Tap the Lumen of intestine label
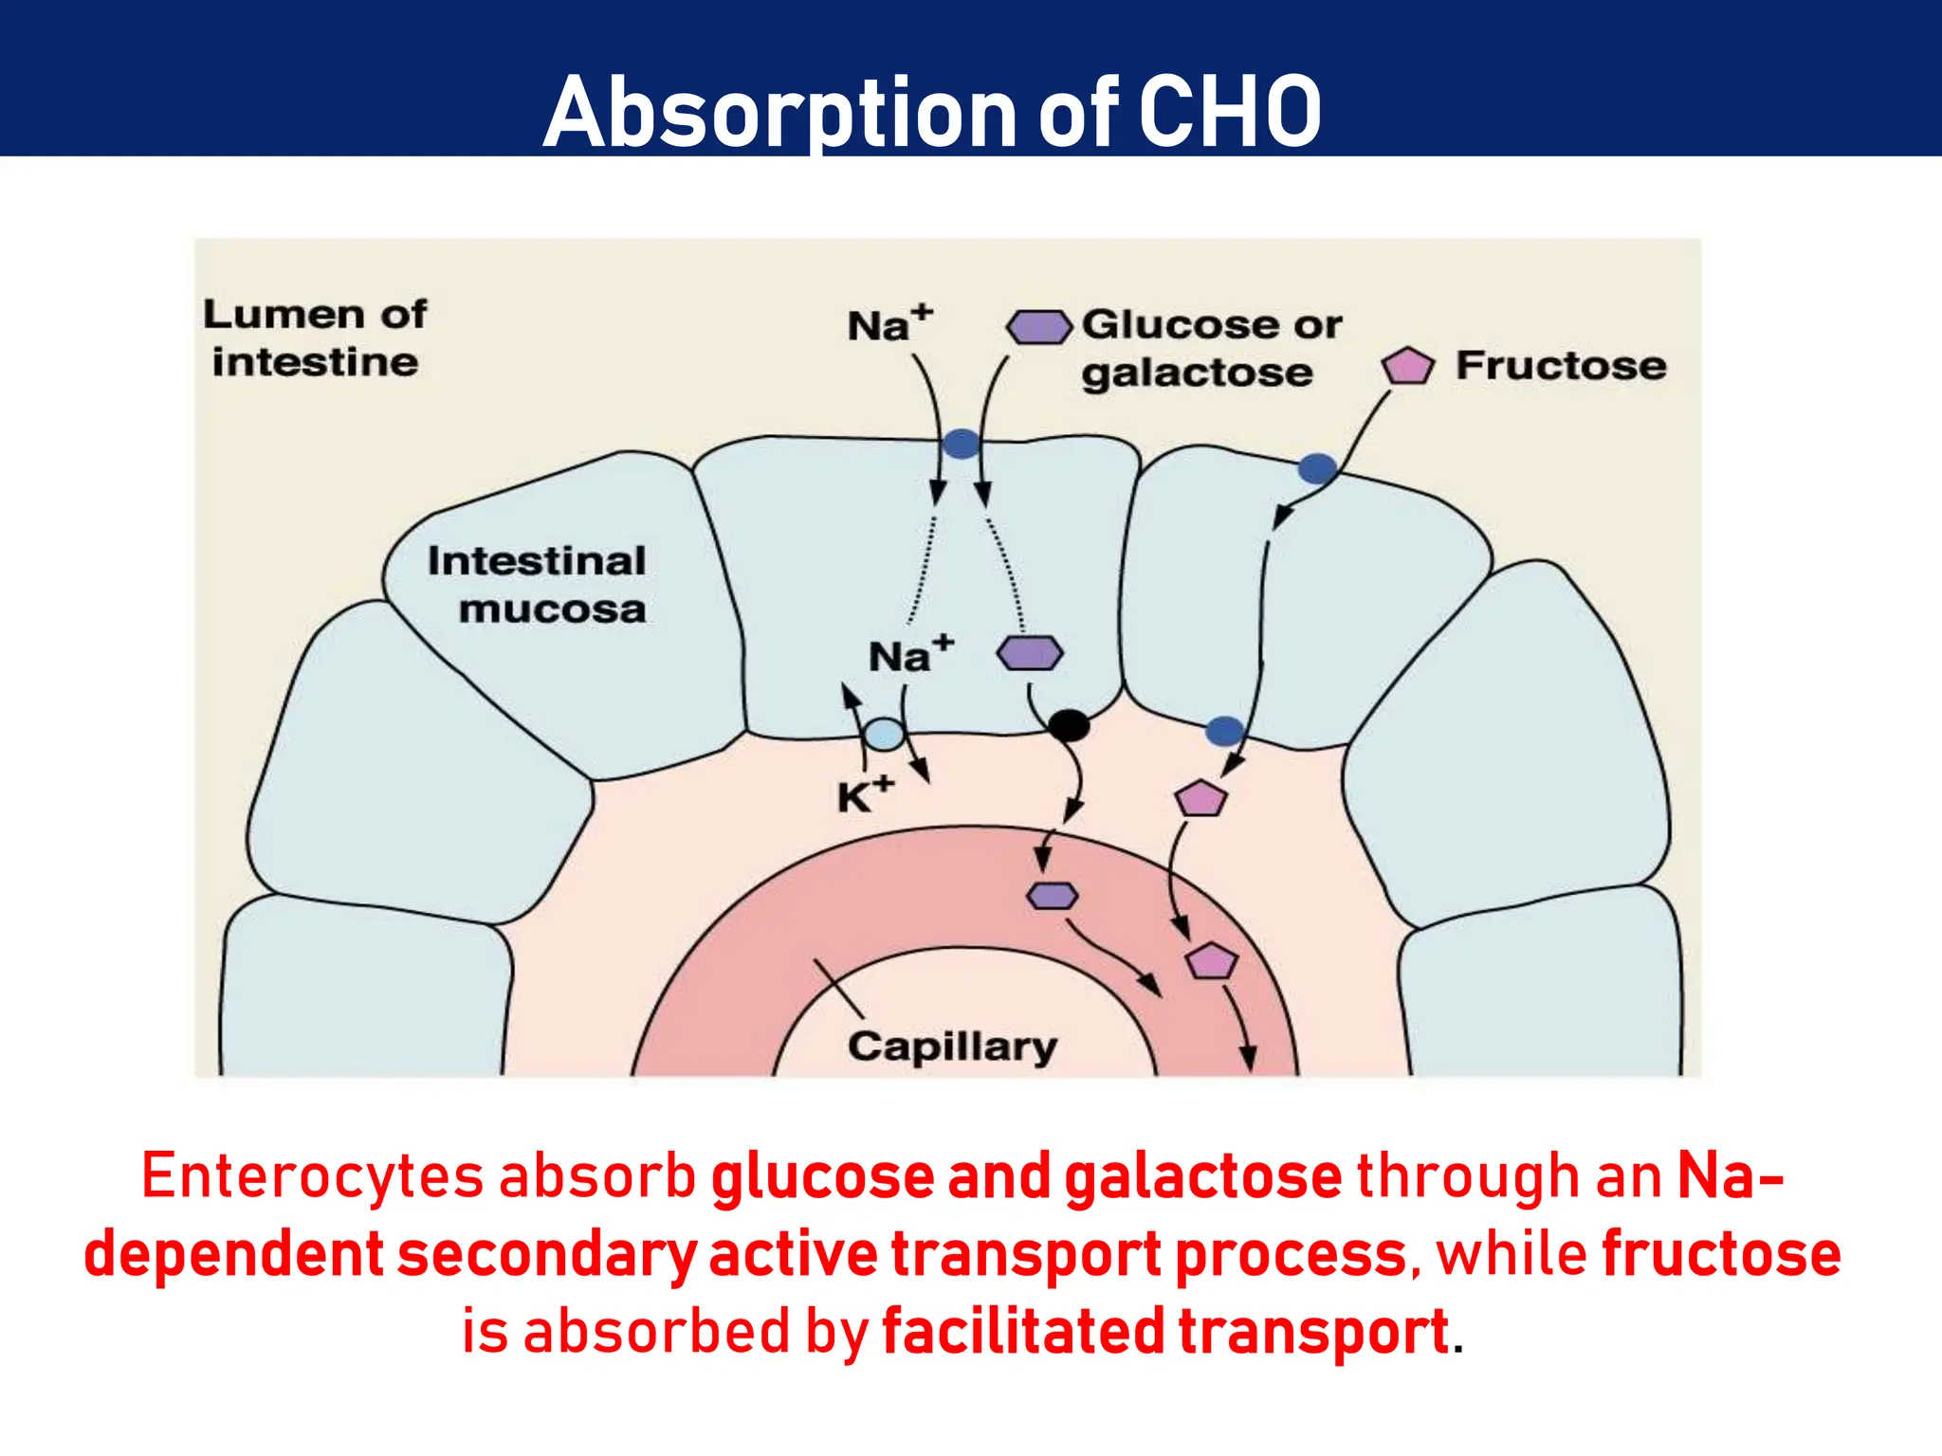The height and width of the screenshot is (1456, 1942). (x=315, y=338)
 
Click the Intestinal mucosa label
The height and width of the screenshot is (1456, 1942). (x=538, y=585)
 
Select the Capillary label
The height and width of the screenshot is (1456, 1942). (x=952, y=1046)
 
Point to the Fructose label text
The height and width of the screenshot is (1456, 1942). (x=1561, y=366)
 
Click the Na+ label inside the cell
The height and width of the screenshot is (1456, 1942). (x=909, y=655)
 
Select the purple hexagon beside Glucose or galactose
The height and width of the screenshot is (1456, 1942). (x=1039, y=327)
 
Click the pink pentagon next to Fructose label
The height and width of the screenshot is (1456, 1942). (x=1407, y=366)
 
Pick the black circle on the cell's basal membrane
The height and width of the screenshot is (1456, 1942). (x=1069, y=726)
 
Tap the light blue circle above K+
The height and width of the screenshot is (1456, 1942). (x=885, y=735)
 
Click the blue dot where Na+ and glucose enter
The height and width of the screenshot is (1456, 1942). (x=961, y=444)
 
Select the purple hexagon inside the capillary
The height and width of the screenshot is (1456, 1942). (x=1053, y=896)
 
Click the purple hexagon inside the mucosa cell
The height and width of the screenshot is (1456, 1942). (x=1030, y=653)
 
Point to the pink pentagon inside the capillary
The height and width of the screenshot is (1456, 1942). (x=1211, y=961)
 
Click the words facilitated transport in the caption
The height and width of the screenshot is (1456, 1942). (x=1164, y=1331)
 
